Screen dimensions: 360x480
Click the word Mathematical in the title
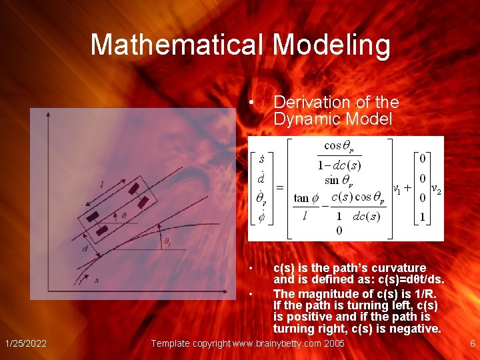coord(178,45)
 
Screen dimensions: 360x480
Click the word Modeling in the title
coord(331,45)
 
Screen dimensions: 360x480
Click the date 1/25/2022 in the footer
coord(25,343)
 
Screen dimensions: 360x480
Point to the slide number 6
coord(472,343)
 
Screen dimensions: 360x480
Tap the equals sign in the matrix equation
coord(280,188)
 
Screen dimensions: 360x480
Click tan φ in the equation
coord(306,198)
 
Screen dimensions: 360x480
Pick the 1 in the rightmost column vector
coord(422,217)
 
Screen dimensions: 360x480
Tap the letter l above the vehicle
coord(101,184)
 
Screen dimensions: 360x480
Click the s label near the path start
coord(97,280)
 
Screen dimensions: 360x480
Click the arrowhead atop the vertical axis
coord(48,115)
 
